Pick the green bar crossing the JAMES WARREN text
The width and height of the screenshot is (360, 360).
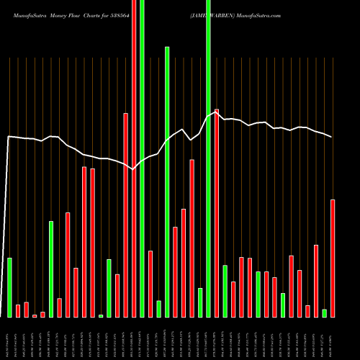208,144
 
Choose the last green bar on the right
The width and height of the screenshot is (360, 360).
324,312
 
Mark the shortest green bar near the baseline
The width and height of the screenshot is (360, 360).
101,315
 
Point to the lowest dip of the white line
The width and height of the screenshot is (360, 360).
133,170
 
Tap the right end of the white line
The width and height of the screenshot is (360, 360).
332,137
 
